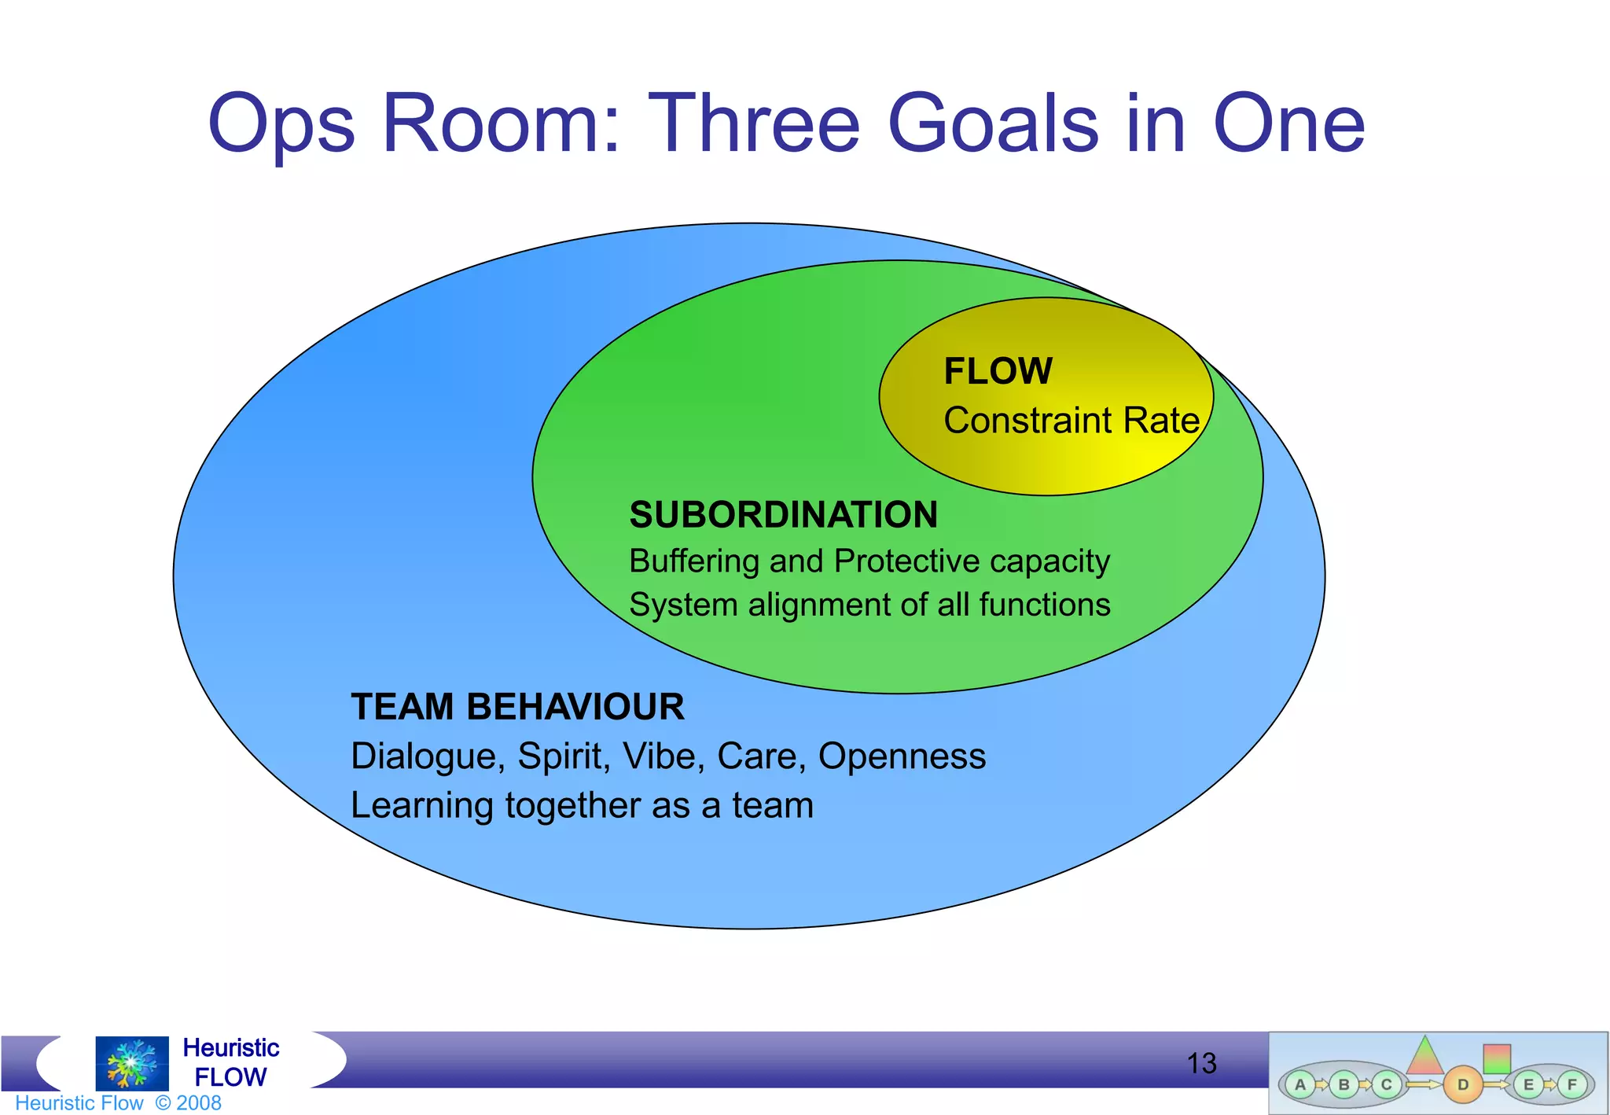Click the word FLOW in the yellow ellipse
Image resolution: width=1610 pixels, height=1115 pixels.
998,371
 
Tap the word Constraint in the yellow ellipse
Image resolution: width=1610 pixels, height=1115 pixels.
1027,421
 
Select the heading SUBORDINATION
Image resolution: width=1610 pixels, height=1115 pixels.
783,515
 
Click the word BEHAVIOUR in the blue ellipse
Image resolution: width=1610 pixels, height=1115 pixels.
575,706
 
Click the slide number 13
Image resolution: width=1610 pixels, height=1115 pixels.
1200,1063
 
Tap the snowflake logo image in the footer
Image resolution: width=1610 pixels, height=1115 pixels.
131,1062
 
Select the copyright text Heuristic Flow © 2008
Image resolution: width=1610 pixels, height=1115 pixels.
118,1102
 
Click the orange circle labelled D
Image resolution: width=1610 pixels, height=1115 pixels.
1462,1084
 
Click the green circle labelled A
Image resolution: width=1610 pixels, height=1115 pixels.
1299,1084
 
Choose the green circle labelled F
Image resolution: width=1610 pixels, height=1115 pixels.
1571,1084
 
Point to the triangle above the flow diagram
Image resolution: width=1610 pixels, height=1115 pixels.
1424,1057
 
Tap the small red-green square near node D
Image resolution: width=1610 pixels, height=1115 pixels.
1496,1058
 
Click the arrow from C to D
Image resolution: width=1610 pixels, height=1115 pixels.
1423,1084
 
